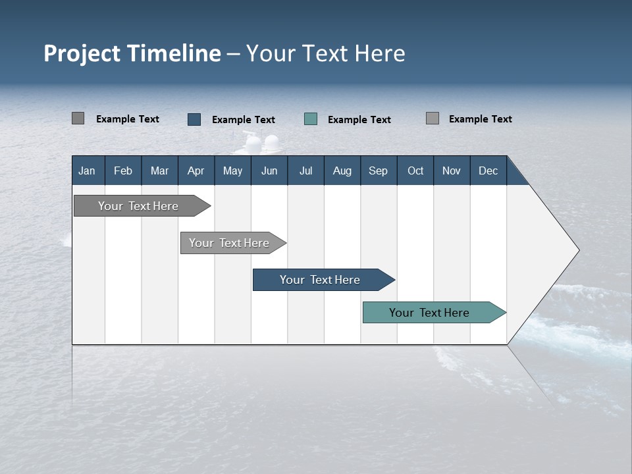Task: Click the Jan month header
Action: point(88,171)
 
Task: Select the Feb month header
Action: point(123,171)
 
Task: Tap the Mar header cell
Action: point(159,171)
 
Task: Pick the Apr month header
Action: point(196,171)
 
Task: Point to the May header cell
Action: point(232,171)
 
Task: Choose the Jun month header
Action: point(269,171)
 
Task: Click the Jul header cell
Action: point(305,171)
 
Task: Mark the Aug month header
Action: point(342,171)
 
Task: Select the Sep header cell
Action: point(379,171)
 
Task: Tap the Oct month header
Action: point(415,171)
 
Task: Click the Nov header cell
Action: point(452,171)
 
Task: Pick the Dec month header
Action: point(488,171)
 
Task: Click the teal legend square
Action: point(311,119)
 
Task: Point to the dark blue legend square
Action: point(194,119)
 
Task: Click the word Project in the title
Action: point(82,53)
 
